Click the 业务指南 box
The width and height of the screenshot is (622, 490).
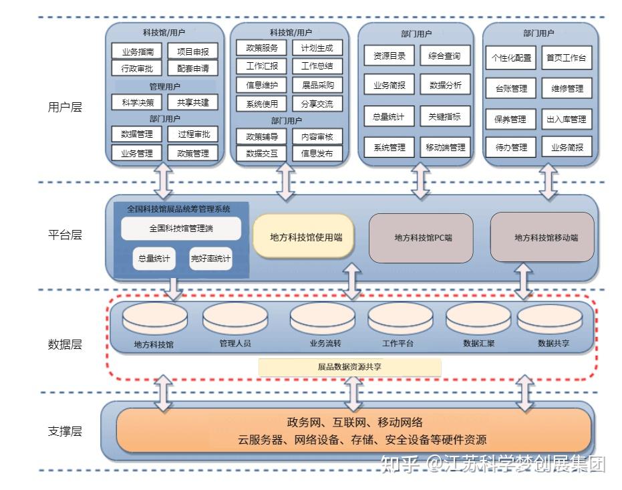(138, 51)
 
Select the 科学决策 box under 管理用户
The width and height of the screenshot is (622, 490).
(138, 102)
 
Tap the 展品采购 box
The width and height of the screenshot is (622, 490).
(317, 85)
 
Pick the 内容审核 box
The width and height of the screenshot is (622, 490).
(317, 136)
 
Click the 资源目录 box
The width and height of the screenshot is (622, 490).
(390, 56)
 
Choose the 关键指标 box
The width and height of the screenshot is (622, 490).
(445, 116)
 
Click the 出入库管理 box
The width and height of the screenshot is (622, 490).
(567, 119)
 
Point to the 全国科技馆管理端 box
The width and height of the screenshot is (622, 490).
(181, 229)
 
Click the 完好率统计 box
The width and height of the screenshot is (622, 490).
(210, 258)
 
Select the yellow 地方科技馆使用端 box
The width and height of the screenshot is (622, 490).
(302, 236)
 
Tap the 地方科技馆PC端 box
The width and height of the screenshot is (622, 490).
(421, 237)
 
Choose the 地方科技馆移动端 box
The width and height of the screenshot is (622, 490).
(542, 237)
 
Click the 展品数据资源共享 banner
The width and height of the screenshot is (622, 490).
(349, 367)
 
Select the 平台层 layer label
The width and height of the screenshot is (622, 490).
(65, 236)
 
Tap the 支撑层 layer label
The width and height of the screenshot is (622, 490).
(65, 431)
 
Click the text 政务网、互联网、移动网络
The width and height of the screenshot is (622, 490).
(354, 422)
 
